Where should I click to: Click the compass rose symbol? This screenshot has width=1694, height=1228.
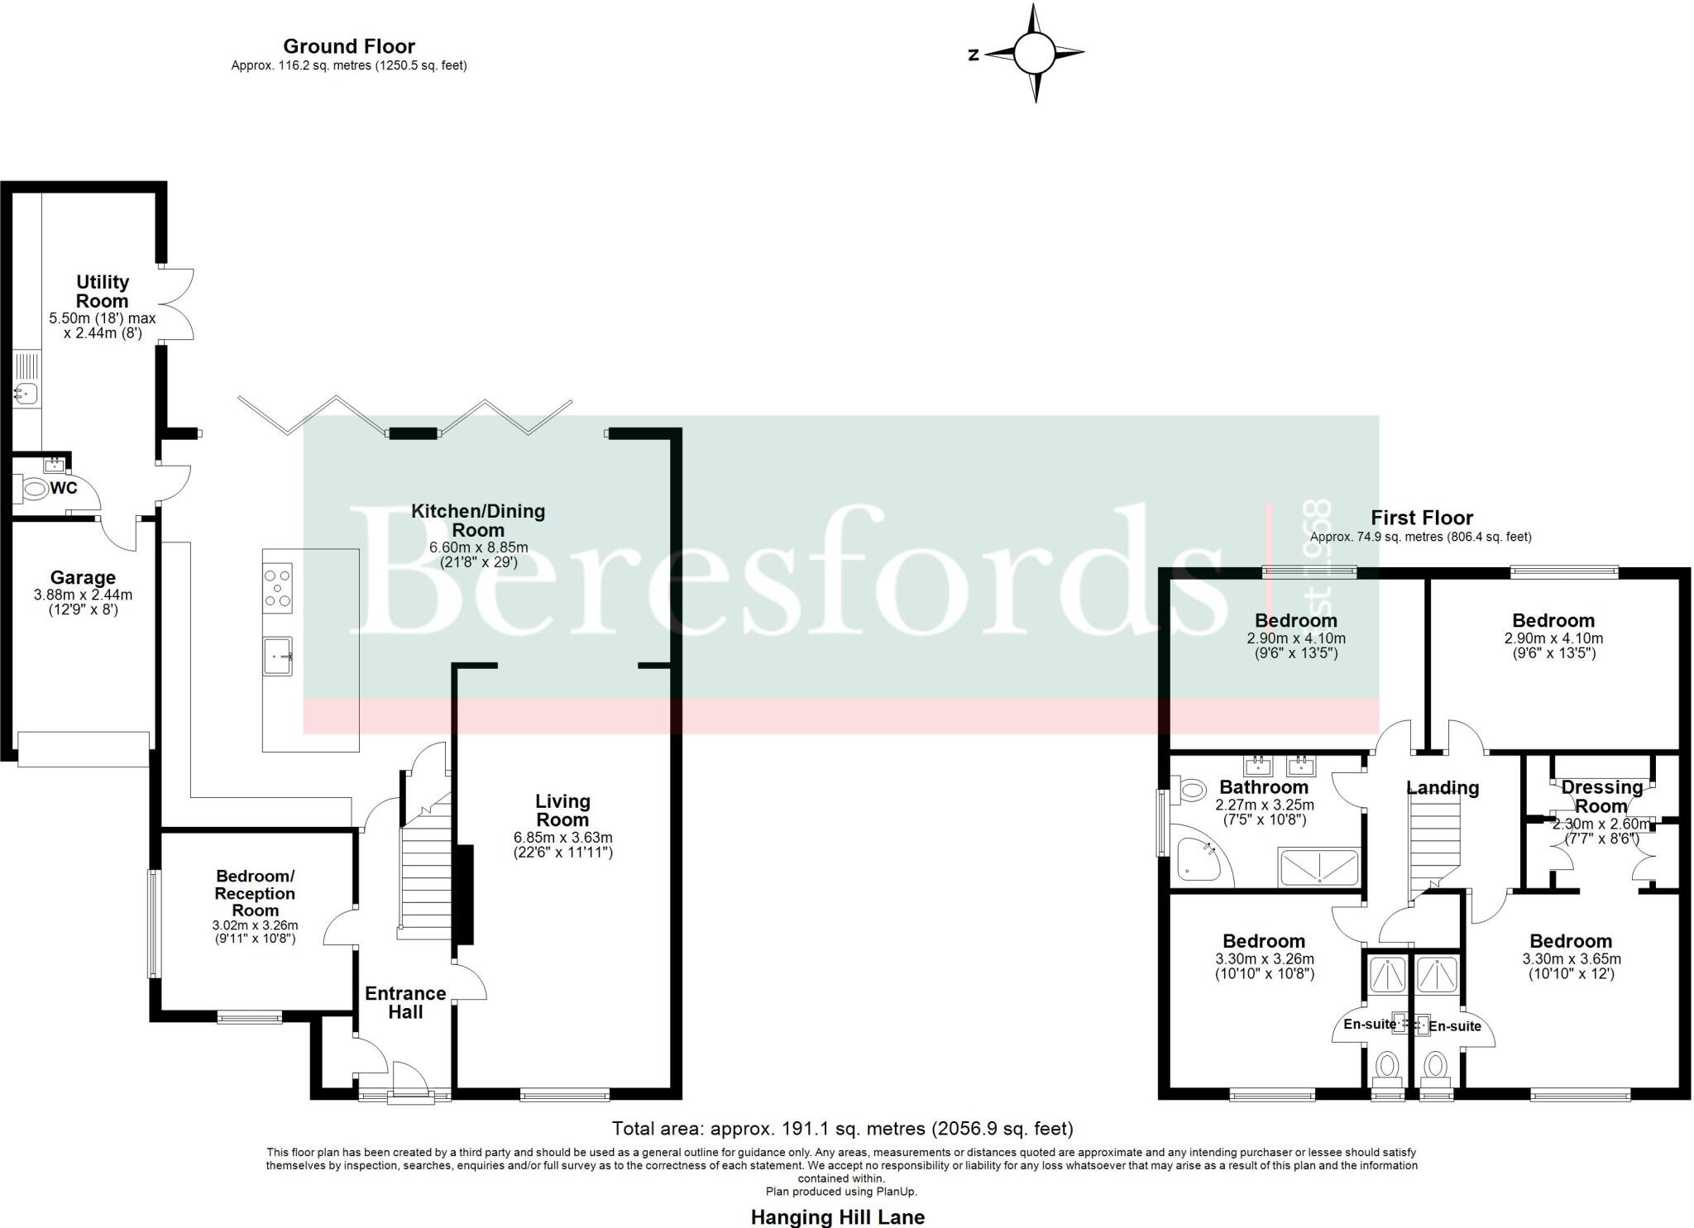(x=1034, y=53)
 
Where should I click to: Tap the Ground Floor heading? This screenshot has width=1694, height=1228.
(x=348, y=46)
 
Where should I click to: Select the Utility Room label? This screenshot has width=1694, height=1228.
(x=103, y=291)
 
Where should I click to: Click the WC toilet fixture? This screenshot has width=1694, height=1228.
(x=34, y=489)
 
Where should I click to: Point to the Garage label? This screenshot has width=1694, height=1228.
(x=83, y=577)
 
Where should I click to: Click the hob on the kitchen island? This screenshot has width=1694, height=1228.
(x=277, y=588)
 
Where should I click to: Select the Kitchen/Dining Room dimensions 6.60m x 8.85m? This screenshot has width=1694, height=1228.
(x=478, y=547)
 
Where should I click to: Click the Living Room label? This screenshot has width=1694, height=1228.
(x=562, y=810)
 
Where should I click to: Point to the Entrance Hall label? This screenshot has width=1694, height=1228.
(x=405, y=1002)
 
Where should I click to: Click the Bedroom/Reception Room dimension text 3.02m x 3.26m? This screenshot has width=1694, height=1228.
(x=255, y=925)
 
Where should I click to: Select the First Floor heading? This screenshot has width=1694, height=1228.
(x=1421, y=518)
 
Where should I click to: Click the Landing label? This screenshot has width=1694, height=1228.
(x=1443, y=787)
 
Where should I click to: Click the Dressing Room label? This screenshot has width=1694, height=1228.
(x=1601, y=796)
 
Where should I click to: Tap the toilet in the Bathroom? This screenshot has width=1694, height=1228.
(x=1188, y=790)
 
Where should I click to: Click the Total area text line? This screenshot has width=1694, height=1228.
(x=841, y=1128)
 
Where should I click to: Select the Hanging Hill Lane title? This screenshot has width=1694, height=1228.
(x=837, y=1216)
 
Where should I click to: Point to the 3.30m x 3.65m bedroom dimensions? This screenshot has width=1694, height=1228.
(x=1571, y=959)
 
